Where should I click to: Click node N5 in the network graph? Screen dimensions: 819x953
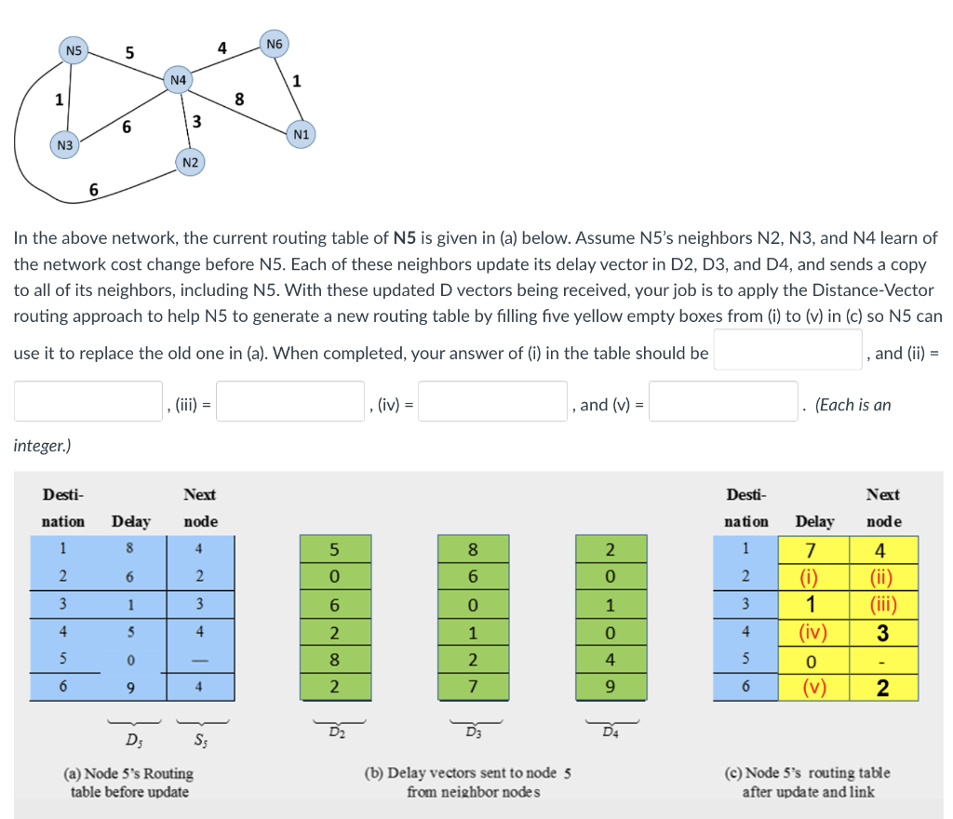(73, 49)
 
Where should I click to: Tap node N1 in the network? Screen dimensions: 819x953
(300, 135)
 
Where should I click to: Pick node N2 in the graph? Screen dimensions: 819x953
(190, 163)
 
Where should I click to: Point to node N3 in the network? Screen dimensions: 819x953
(64, 145)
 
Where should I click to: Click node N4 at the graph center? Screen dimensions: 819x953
(177, 80)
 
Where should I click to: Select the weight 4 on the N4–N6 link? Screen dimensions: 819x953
(221, 47)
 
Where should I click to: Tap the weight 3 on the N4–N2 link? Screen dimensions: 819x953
(196, 121)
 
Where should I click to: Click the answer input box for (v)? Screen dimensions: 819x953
(723, 401)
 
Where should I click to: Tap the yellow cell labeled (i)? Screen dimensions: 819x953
(811, 572)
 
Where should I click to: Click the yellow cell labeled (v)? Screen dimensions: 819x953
(811, 689)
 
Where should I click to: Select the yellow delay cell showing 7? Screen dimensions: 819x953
(811, 548)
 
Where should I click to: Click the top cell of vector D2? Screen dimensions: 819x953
(335, 548)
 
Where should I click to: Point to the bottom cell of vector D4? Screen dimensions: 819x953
(610, 689)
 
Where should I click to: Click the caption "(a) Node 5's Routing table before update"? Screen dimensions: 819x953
(129, 782)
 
